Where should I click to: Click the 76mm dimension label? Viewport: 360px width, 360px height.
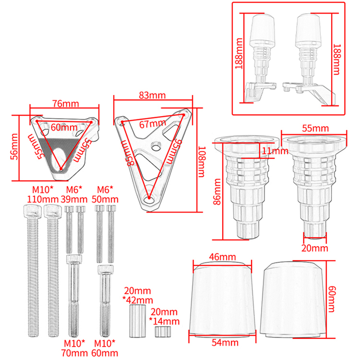(x=66, y=104)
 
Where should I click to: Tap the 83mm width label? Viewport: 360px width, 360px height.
(x=152, y=95)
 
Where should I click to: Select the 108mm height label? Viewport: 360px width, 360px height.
(x=201, y=162)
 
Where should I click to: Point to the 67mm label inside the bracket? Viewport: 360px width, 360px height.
(x=153, y=124)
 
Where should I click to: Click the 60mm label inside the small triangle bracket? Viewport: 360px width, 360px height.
(x=64, y=127)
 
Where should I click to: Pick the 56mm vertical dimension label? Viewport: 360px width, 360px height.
(x=14, y=147)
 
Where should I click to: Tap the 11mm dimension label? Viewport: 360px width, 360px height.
(x=275, y=151)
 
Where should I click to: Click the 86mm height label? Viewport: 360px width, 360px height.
(x=217, y=192)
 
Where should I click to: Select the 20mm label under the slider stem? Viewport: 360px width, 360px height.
(x=315, y=248)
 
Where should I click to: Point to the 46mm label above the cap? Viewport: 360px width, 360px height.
(x=222, y=257)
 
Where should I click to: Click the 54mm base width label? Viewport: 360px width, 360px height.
(x=225, y=343)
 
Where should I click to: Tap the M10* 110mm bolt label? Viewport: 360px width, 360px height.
(x=43, y=194)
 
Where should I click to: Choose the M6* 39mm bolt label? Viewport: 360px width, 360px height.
(x=74, y=194)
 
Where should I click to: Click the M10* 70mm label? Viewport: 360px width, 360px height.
(x=74, y=348)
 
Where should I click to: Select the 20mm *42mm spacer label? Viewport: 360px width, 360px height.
(x=138, y=296)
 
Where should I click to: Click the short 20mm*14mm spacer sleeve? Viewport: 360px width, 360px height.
(x=163, y=331)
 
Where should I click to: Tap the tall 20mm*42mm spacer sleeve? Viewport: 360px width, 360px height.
(x=138, y=321)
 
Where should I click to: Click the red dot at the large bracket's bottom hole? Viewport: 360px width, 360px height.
(x=149, y=198)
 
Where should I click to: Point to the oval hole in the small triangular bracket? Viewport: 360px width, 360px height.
(x=59, y=159)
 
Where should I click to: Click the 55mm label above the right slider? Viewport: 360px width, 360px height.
(x=315, y=128)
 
